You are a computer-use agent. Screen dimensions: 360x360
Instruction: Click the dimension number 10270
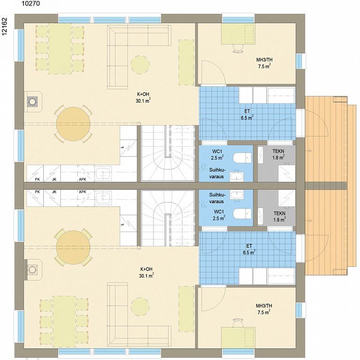(30, 3)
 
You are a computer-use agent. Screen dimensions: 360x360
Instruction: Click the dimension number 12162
(4, 27)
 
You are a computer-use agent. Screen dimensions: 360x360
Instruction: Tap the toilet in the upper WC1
(242, 157)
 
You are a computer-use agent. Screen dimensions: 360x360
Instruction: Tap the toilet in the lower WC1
(242, 214)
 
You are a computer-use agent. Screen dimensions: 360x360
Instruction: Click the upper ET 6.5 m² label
(247, 114)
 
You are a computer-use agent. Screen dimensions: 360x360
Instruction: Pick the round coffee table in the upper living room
(140, 65)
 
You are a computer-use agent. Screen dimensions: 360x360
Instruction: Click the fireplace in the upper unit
(33, 101)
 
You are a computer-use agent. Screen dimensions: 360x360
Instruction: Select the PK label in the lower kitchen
(37, 192)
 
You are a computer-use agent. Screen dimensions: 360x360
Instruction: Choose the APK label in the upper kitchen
(82, 180)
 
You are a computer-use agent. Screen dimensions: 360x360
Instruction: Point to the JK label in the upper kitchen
(54, 180)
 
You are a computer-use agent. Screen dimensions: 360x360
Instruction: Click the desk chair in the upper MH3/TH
(238, 48)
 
